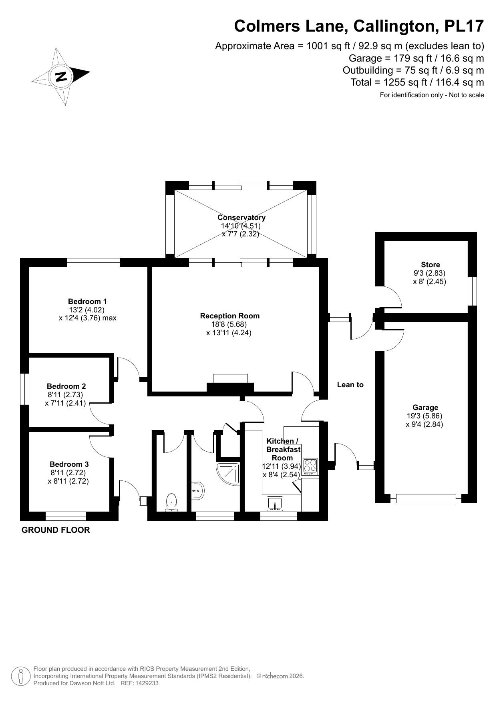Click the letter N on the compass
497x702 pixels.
click(x=61, y=76)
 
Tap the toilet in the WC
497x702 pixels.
click(x=172, y=502)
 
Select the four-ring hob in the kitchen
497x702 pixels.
click(x=310, y=466)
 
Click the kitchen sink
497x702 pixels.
click(x=275, y=504)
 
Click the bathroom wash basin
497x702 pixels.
click(x=198, y=490)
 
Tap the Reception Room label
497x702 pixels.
click(x=230, y=316)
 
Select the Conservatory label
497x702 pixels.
click(x=241, y=218)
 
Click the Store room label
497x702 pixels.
click(x=430, y=265)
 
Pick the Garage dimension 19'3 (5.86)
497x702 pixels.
click(x=425, y=416)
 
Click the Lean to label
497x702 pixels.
click(x=350, y=385)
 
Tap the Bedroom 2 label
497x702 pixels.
click(x=66, y=386)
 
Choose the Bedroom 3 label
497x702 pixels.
click(x=69, y=464)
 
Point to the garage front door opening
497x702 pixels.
click(x=426, y=498)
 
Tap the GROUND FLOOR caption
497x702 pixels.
click(x=56, y=530)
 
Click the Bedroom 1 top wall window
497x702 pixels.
click(x=93, y=262)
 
